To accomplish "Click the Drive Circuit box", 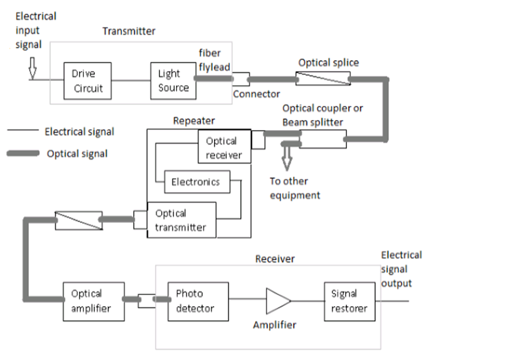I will (x=88, y=81).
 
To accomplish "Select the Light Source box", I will (x=173, y=81).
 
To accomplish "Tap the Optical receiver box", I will (x=224, y=147).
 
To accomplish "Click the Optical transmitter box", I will (x=181, y=221).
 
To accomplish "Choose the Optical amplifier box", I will (x=93, y=301).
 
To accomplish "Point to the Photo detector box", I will (x=198, y=301).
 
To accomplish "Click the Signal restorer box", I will (x=349, y=301).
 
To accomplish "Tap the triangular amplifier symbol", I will (x=278, y=301).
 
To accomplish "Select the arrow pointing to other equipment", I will (x=286, y=158).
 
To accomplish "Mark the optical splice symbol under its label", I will (x=323, y=79).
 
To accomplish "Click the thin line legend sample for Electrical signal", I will (x=22, y=132).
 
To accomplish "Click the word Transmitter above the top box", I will (x=129, y=31).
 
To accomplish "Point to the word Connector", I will (x=256, y=94).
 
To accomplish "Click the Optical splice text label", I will (x=329, y=63).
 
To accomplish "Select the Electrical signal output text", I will (x=402, y=269).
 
